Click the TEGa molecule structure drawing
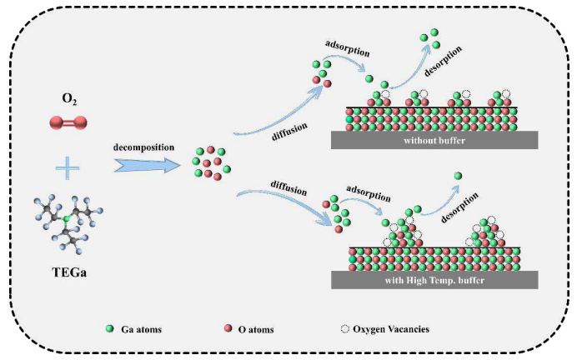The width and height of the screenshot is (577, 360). coord(66,224)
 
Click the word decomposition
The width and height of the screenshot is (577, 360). coord(146,147)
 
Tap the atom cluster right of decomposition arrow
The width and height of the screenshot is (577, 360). coord(210,162)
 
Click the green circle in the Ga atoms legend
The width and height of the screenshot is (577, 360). coord(111,329)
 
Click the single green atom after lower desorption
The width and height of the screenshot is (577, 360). coord(458,176)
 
